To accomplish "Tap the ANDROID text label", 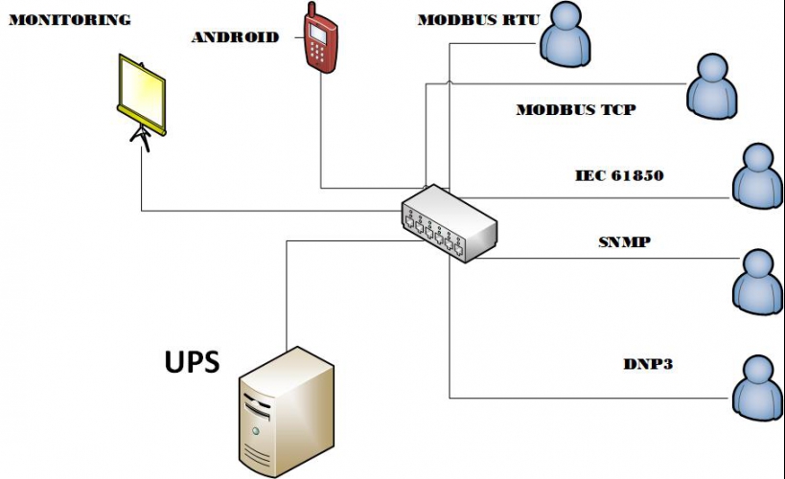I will (x=235, y=38).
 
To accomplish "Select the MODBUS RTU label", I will (x=478, y=20).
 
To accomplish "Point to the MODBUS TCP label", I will (x=576, y=110).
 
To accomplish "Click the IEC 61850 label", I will (x=619, y=176).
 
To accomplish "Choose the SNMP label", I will (x=624, y=241).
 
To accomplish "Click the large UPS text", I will (x=191, y=362).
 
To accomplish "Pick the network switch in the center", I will (x=449, y=222).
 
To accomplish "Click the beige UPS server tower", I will (x=287, y=411).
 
